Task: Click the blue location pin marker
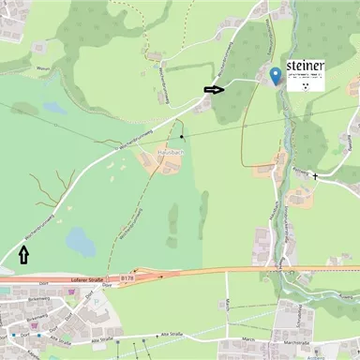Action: point(275,75)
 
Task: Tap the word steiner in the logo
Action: point(305,65)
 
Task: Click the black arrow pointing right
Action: point(215,90)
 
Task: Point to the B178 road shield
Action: point(127,278)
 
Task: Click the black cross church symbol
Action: point(315,175)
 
